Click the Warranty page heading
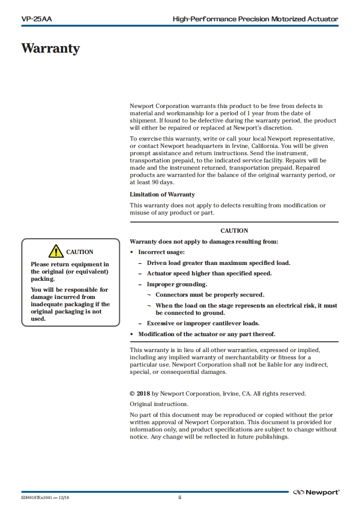tap(50, 49)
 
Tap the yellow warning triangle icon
tap(56, 251)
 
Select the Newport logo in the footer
tap(316, 492)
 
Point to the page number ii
tap(180, 498)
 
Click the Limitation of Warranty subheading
tap(162, 195)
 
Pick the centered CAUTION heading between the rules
tap(234, 231)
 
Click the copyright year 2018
tap(143, 394)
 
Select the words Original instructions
tap(159, 404)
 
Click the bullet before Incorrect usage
tap(132, 252)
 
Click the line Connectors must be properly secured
tap(210, 295)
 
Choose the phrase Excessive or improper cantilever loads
tap(203, 323)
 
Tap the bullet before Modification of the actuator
tap(132, 334)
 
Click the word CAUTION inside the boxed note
tap(79, 252)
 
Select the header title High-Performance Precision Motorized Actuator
tap(255, 19)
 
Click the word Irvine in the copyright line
tap(231, 394)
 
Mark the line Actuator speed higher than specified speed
tap(209, 274)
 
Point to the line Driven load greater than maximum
tap(218, 263)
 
